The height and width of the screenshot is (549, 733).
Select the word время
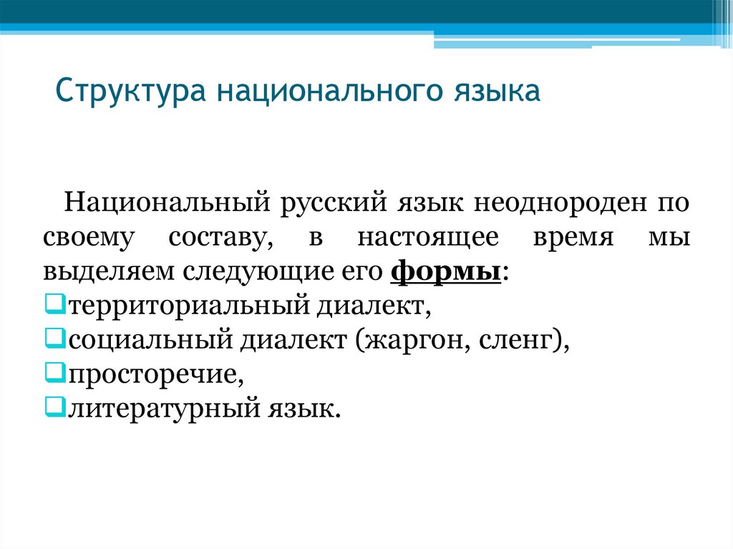pyautogui.click(x=573, y=238)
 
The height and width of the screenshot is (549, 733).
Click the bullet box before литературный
pyautogui.click(x=52, y=407)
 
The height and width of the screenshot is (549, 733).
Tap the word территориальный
pyautogui.click(x=185, y=306)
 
